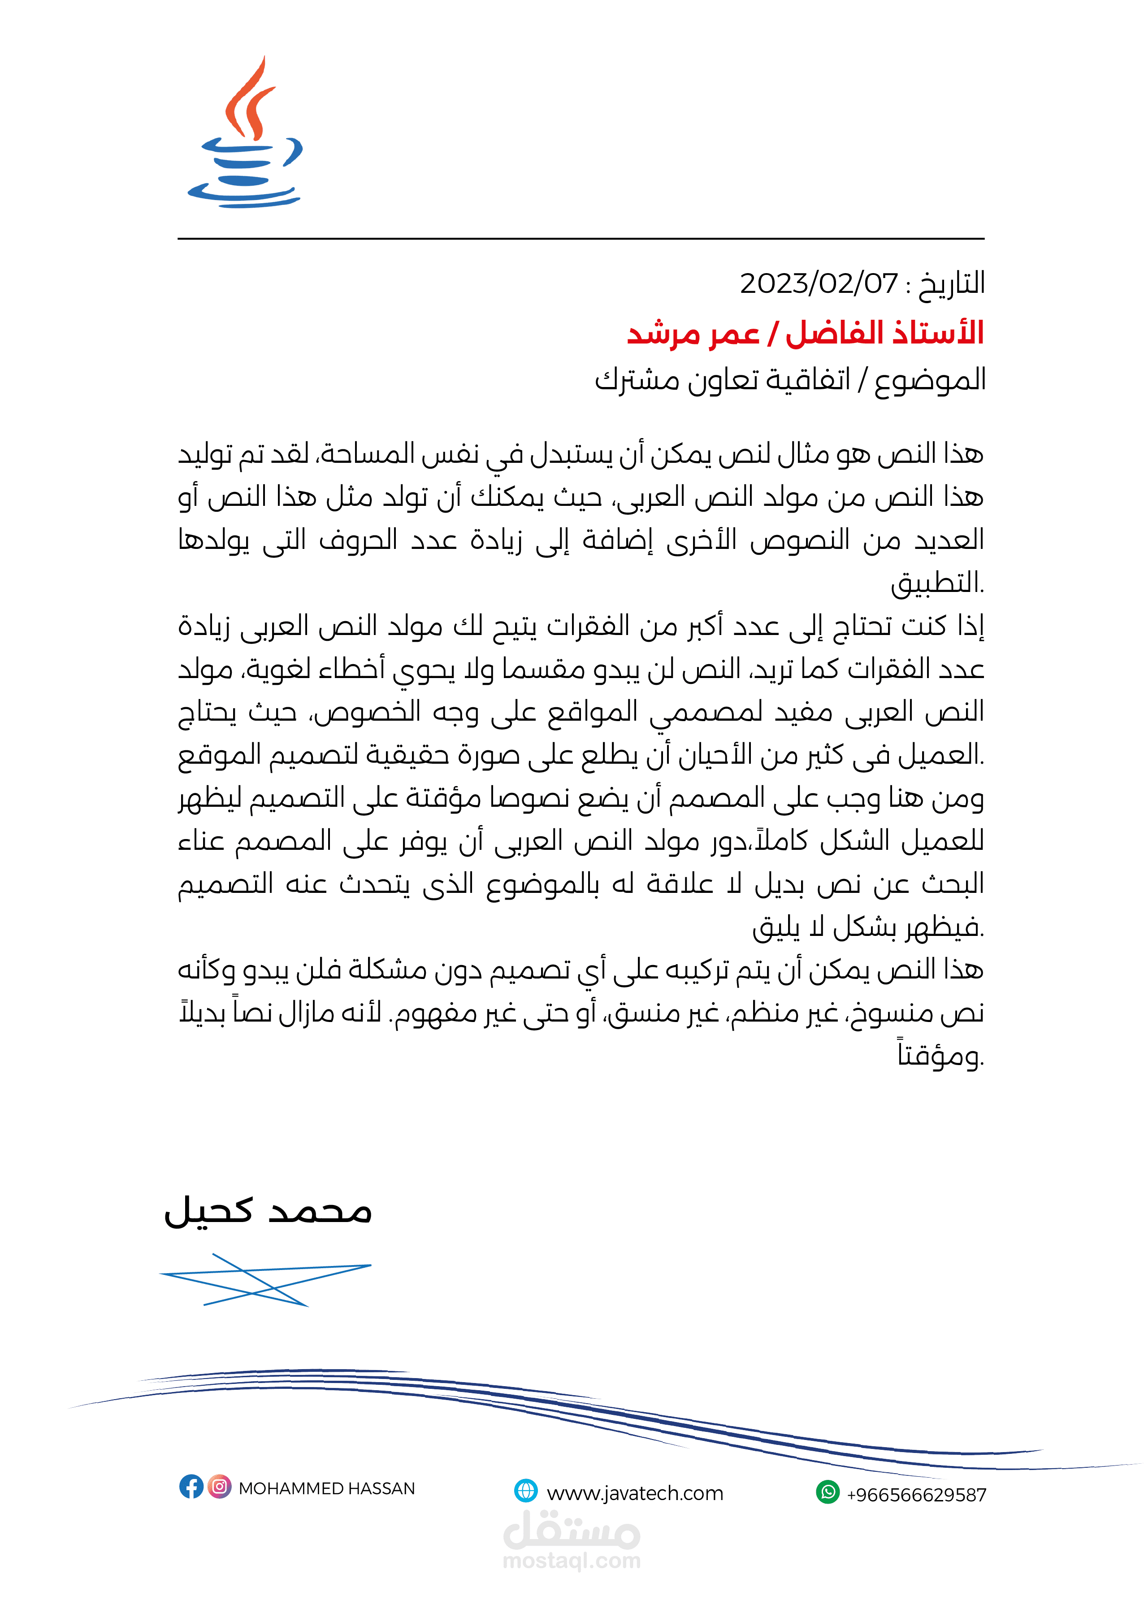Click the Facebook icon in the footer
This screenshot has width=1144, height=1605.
click(x=191, y=1487)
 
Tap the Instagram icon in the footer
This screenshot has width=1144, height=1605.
click(x=220, y=1487)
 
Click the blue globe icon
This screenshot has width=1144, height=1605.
click(x=525, y=1491)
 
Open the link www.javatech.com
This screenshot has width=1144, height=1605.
click(x=635, y=1493)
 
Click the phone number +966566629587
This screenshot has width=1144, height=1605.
click(x=916, y=1494)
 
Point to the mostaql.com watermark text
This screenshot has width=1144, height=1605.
click(x=571, y=1561)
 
